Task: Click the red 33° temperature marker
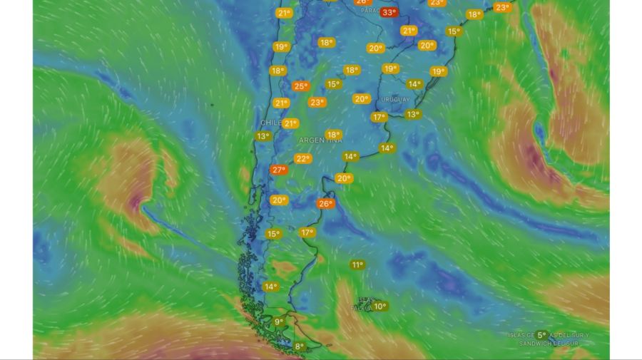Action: [x=389, y=12]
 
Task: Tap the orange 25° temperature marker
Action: [x=301, y=86]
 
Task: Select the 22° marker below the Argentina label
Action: [x=303, y=159]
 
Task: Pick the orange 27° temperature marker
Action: [x=278, y=170]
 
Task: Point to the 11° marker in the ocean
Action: [x=357, y=265]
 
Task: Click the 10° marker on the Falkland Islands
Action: [x=380, y=307]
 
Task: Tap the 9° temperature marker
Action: [x=279, y=322]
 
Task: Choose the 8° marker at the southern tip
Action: [x=300, y=347]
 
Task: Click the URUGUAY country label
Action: [x=396, y=99]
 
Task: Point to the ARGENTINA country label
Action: [x=320, y=140]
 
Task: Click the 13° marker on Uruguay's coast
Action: [x=412, y=114]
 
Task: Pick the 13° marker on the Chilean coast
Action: [x=263, y=136]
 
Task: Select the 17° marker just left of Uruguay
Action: [x=379, y=117]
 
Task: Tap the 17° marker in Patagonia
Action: [x=307, y=232]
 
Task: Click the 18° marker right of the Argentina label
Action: [x=332, y=135]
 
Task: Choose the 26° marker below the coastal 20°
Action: [x=325, y=204]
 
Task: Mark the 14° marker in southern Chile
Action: [x=270, y=287]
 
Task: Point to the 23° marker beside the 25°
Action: [x=316, y=102]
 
